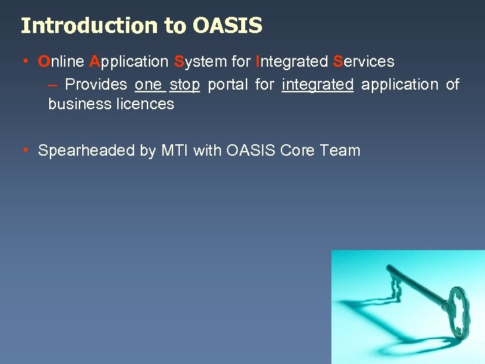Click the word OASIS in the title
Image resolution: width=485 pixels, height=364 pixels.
pyautogui.click(x=227, y=26)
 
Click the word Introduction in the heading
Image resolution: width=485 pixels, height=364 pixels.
pyautogui.click(x=90, y=26)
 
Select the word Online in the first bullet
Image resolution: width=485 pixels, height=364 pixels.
pyautogui.click(x=61, y=61)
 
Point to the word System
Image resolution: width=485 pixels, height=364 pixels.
pyautogui.click(x=199, y=61)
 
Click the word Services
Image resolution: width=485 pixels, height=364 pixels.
pyautogui.click(x=364, y=61)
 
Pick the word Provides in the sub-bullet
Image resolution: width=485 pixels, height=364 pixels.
pyautogui.click(x=96, y=84)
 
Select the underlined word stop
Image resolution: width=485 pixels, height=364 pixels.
pyautogui.click(x=185, y=85)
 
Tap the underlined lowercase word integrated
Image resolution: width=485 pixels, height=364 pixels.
pyautogui.click(x=317, y=85)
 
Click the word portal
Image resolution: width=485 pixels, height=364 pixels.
pyautogui.click(x=228, y=85)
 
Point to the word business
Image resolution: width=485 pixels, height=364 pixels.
pyautogui.click(x=76, y=104)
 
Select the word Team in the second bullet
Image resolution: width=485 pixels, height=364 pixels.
pyautogui.click(x=340, y=150)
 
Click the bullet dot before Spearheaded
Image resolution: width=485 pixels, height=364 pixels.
pyautogui.click(x=25, y=150)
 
